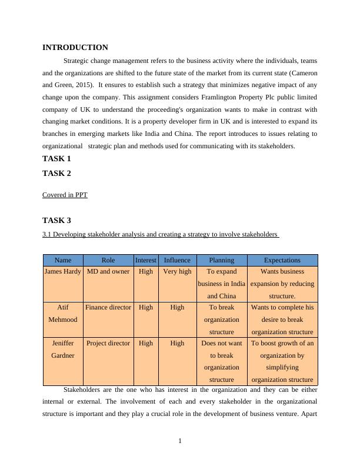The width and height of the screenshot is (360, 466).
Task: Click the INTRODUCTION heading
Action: (x=75, y=48)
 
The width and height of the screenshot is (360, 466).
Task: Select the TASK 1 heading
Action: (x=56, y=159)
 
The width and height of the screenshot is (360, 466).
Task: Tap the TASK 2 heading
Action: (x=56, y=174)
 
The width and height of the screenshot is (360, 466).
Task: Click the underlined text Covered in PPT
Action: (x=65, y=195)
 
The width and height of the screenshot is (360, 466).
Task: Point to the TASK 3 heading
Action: (x=56, y=221)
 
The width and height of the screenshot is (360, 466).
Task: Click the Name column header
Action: (x=63, y=260)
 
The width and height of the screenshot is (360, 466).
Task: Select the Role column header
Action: (x=108, y=260)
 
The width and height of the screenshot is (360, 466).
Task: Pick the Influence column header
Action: (x=177, y=260)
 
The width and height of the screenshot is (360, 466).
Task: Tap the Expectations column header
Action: (x=282, y=260)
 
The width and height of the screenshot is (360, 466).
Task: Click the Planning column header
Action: (x=221, y=260)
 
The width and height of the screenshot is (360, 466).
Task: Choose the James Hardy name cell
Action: (x=63, y=272)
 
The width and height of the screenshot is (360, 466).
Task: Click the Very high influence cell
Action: (x=177, y=272)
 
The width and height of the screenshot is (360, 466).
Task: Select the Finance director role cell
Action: (x=108, y=307)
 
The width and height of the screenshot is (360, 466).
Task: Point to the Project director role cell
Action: (x=108, y=343)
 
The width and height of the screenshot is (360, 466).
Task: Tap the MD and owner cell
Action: (x=108, y=272)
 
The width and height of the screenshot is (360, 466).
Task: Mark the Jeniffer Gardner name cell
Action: (x=63, y=349)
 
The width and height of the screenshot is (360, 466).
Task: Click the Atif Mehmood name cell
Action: (x=63, y=314)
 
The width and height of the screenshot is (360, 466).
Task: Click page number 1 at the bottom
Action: (x=180, y=441)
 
